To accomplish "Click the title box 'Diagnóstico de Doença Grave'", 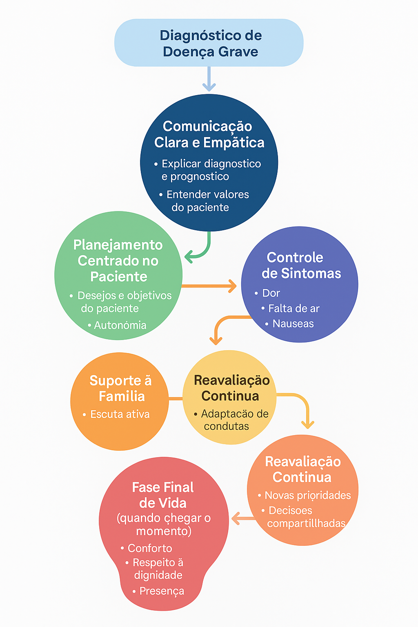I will click(x=209, y=43).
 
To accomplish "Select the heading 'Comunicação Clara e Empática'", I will click(x=209, y=134).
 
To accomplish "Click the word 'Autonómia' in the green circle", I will click(x=120, y=325).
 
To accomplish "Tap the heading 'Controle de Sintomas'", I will click(x=300, y=265).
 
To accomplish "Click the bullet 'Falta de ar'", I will click(x=293, y=309).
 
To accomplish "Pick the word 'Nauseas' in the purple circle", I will click(x=293, y=324).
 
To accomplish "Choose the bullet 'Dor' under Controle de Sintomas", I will click(x=271, y=293).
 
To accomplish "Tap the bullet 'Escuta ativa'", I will click(x=120, y=414).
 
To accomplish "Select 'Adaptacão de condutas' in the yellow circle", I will click(x=233, y=420).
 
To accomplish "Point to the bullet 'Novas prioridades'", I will click(x=307, y=496).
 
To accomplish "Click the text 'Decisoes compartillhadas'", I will click(x=306, y=517).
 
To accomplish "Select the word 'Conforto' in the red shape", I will click(x=150, y=548).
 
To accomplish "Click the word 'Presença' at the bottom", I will click(x=162, y=591).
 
